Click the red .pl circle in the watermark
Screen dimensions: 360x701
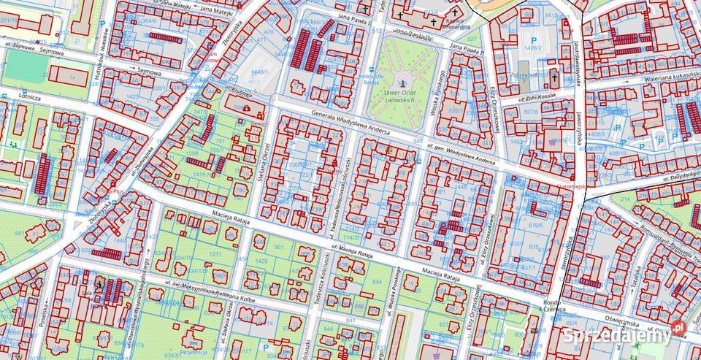click(x=677, y=328)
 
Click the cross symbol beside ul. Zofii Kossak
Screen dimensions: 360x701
click(x=554, y=77)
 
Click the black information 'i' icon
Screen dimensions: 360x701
click(x=98, y=280)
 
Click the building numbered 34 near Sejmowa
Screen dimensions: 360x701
click(x=71, y=77)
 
